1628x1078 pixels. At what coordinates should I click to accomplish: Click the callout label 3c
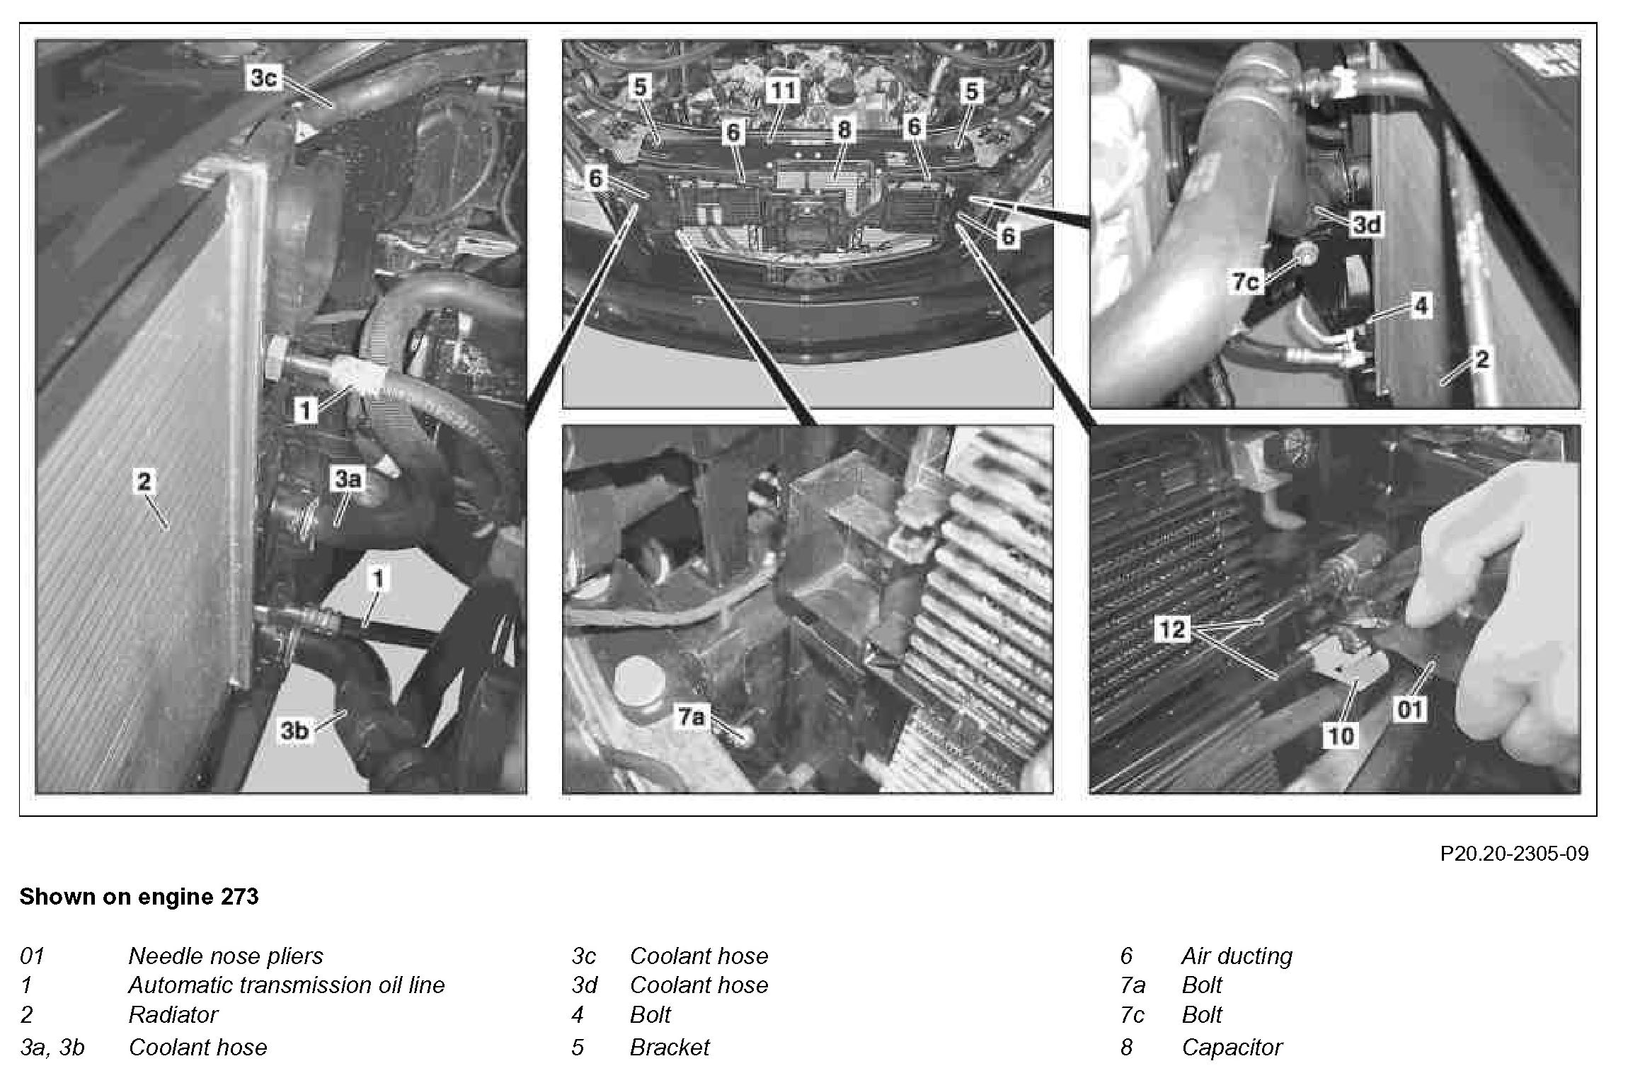263,78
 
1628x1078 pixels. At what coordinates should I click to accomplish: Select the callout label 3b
295,730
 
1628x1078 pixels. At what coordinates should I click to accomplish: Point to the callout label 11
783,90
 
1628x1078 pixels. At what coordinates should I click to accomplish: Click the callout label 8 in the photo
843,129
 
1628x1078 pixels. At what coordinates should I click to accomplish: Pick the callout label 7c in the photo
1246,282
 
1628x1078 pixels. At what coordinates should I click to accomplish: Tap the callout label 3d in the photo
1366,224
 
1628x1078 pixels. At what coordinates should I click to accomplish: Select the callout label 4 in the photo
1421,306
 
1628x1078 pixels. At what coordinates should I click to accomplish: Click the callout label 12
1172,629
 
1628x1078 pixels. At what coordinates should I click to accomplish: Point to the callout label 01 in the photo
1408,709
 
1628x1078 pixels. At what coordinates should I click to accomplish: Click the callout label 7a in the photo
691,717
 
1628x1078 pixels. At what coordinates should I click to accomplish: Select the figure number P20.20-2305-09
1514,854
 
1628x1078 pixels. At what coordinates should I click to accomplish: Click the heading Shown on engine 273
139,897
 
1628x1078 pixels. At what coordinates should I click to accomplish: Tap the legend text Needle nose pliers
225,956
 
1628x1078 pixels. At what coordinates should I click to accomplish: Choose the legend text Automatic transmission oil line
286,985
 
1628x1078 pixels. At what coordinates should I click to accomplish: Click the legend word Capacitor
1232,1047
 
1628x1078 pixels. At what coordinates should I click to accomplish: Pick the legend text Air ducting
1237,956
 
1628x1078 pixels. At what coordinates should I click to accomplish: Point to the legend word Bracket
669,1047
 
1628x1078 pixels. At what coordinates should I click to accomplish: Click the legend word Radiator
173,1014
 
